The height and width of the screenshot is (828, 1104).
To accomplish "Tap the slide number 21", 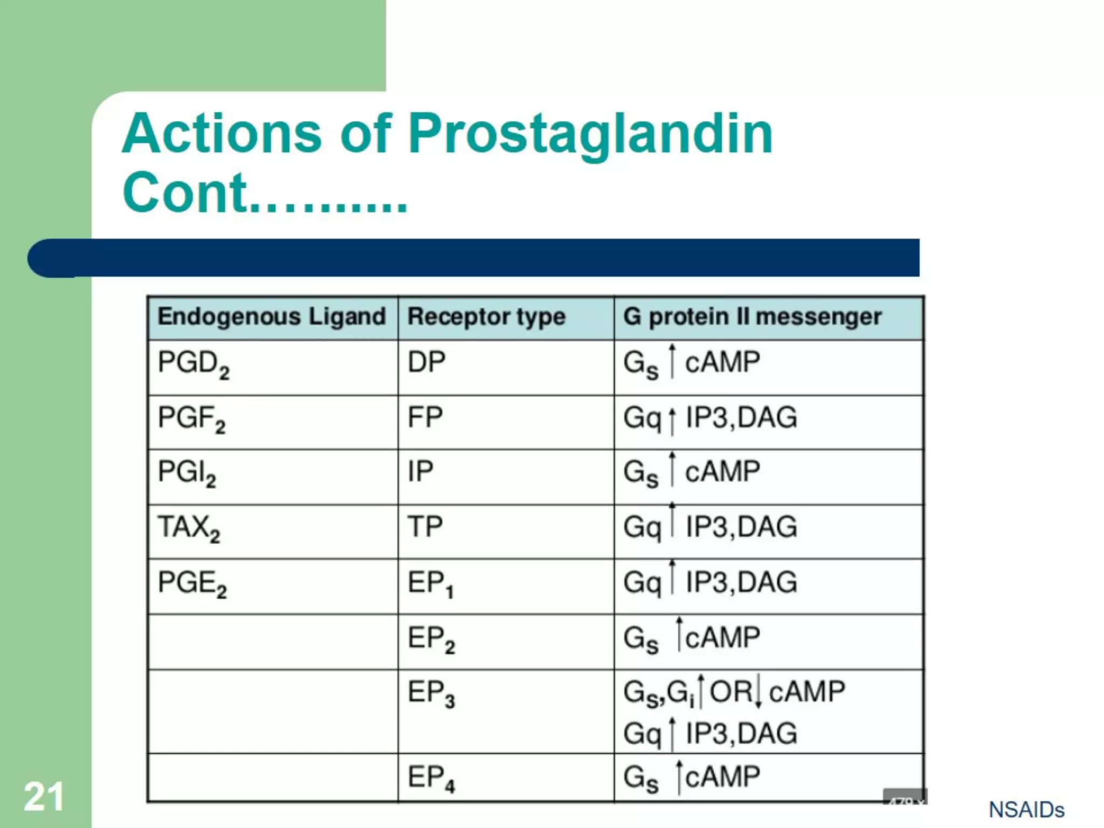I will [44, 797].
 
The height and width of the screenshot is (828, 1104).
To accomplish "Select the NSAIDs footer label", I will [1026, 810].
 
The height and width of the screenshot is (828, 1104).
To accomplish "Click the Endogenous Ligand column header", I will [272, 316].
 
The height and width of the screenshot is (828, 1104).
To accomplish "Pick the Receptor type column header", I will [486, 316].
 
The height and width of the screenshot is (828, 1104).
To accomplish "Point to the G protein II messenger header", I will [752, 316].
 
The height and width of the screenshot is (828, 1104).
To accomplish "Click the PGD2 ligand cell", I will [194, 364].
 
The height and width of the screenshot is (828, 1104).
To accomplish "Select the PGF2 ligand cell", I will [191, 419].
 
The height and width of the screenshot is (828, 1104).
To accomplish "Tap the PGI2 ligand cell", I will [187, 473].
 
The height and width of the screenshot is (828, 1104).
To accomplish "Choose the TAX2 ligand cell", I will [189, 528].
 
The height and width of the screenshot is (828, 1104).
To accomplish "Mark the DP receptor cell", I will [426, 362].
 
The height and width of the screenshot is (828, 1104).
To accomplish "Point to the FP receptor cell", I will [425, 417].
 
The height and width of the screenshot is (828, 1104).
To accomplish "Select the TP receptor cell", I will [425, 527].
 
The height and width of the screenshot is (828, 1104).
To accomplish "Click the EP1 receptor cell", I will [431, 584].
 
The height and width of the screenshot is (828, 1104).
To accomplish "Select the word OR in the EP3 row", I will [730, 692].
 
